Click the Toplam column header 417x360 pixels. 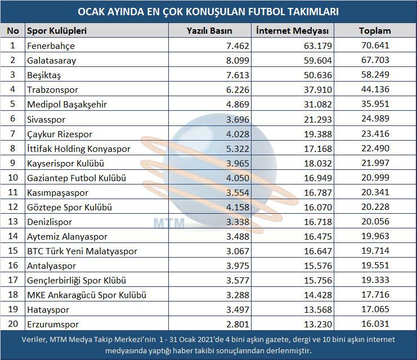tap(375, 31)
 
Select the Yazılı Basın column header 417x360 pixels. tap(209, 31)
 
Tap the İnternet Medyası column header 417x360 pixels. tap(292, 31)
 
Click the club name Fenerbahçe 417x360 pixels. tap(51, 46)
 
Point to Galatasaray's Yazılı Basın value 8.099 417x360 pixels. tap(237, 61)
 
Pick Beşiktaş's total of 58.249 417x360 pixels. tap(375, 75)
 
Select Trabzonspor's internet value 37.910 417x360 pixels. tap(318, 90)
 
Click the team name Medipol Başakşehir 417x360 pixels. tap(67, 105)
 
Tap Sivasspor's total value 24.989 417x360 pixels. tap(375, 119)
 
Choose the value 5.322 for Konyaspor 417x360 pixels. tap(237, 148)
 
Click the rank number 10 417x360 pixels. tap(13, 177)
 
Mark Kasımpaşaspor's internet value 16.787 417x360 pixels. tap(318, 192)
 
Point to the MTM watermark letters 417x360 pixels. tap(169, 223)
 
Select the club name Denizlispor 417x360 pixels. tap(50, 222)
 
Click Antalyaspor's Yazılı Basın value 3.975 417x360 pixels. tap(237, 265)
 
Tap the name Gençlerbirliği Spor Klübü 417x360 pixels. tap(77, 281)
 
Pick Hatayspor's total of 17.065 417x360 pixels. tap(375, 309)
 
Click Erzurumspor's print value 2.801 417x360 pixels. tap(237, 325)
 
